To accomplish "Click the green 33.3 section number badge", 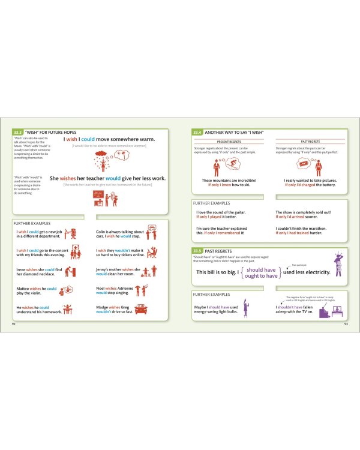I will tap(18, 131).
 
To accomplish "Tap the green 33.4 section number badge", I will tap(197, 131).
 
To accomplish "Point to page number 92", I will tap(14, 324).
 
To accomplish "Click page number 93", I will tap(346, 324).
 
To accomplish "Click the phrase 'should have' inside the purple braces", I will tap(261, 269).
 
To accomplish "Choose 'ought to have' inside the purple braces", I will tap(261, 276).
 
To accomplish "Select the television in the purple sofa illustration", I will tap(336, 311).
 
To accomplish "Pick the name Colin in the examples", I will tap(102, 232).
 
